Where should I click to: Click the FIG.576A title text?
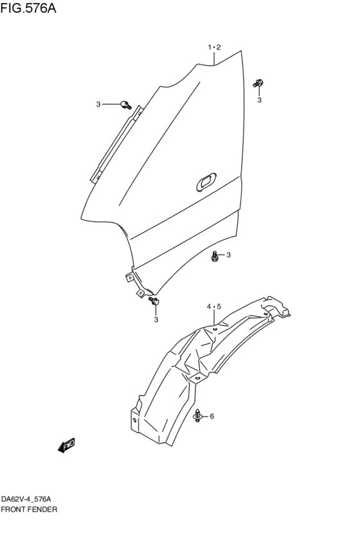pos(28,8)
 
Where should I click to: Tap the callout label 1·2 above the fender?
pos(214,48)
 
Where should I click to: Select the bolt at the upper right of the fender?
pos(258,84)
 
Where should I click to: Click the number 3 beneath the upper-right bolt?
pos(259,100)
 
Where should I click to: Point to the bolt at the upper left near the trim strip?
pos(125,104)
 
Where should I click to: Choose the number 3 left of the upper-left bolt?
pos(98,104)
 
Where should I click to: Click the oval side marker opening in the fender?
pos(206,181)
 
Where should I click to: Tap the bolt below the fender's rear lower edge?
pos(215,256)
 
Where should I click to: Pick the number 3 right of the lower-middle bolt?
pos(228,255)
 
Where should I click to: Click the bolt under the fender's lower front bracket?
pos(154,301)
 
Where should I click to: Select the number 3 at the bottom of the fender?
pos(156,319)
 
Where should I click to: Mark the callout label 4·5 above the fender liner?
pos(214,307)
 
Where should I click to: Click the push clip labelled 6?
pos(198,416)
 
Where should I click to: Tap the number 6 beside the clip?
pos(212,416)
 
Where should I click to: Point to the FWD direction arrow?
pos(67,445)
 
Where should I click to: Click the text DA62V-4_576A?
pos(26,499)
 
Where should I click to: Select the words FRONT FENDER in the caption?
pos(29,509)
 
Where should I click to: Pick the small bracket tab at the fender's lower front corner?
pos(130,277)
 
